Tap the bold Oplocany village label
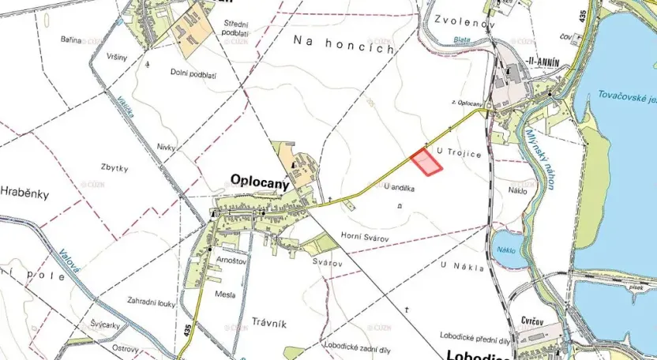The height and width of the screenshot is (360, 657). tap(258, 179)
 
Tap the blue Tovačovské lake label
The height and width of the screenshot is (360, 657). tap(625, 97)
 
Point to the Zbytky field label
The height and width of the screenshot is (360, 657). tap(115, 167)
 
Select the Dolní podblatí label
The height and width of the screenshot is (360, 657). tap(193, 75)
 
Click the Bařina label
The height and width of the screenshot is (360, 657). tap(71, 39)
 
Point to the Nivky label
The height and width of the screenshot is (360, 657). tap(166, 147)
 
